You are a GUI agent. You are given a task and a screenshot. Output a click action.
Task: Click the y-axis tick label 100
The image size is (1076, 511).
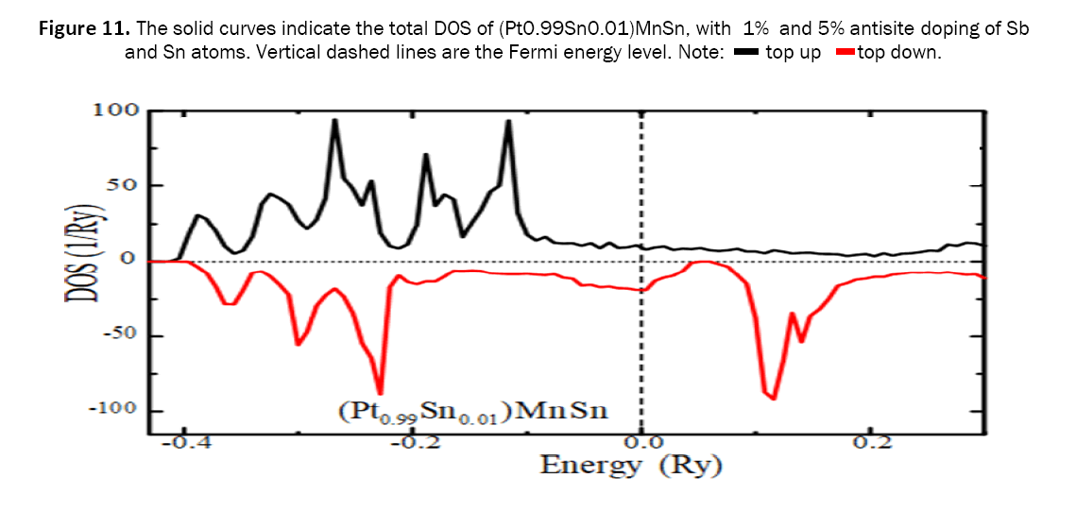click(115, 111)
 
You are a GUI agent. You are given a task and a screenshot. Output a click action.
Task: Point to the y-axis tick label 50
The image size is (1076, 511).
click(122, 185)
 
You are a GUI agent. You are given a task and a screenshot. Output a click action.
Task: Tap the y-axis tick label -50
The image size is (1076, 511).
click(118, 335)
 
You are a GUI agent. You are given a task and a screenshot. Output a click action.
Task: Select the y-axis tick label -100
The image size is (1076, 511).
click(112, 410)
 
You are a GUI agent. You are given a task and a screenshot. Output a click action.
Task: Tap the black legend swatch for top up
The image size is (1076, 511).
click(746, 53)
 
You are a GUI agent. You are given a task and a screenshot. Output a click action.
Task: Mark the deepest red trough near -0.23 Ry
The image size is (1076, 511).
click(380, 392)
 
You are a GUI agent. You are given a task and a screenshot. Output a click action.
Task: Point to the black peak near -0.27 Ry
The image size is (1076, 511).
click(334, 121)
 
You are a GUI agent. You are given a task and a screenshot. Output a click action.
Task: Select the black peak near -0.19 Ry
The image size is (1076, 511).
click(426, 155)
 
